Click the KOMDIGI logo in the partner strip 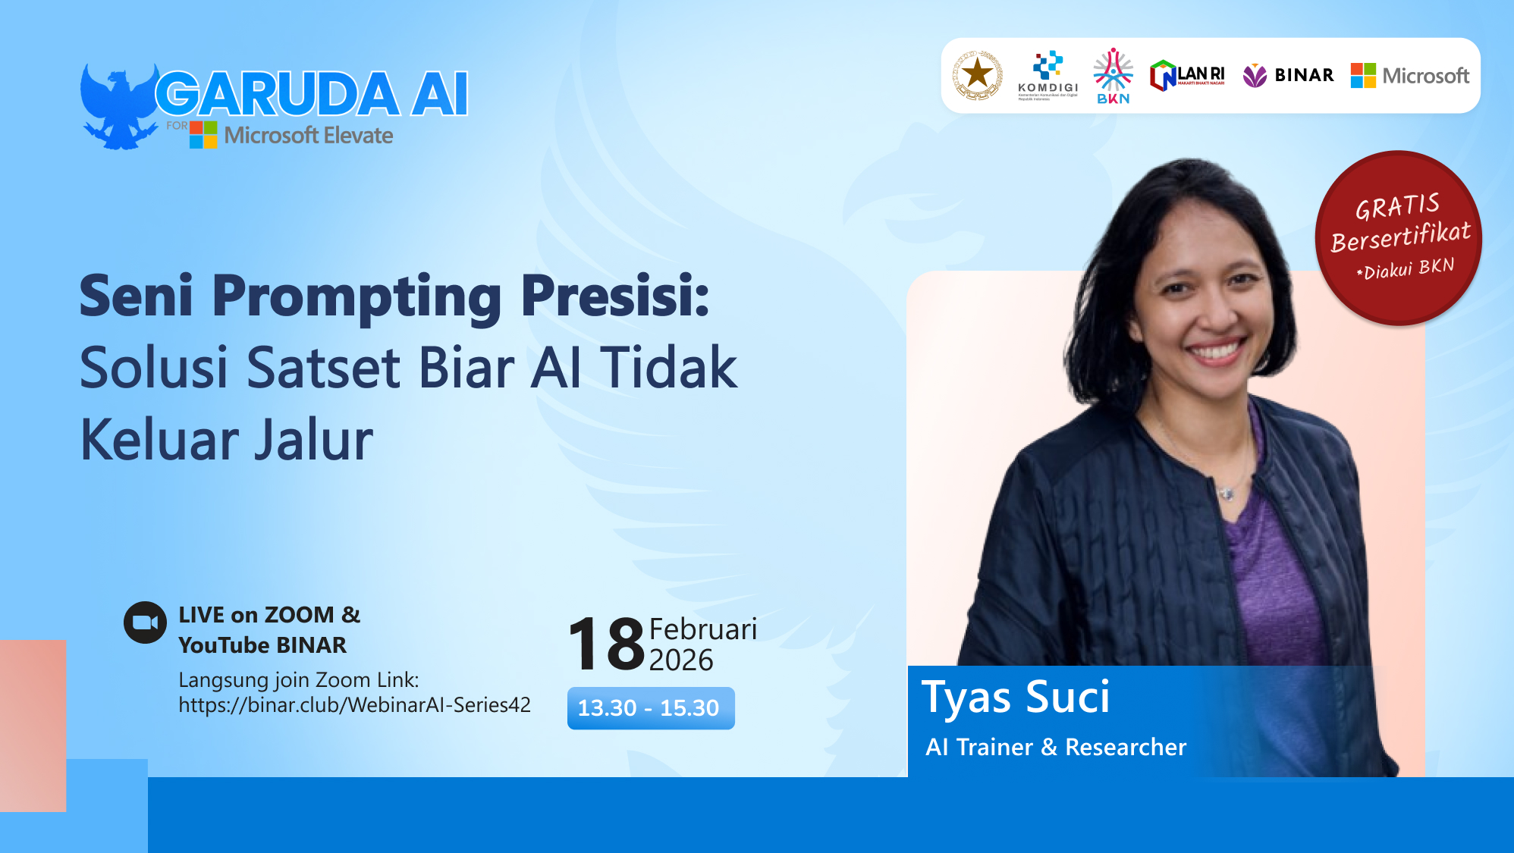click(1048, 75)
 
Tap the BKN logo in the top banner click(1113, 76)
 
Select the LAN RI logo click(1187, 76)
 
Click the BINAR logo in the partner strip click(1288, 75)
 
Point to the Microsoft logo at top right click(1409, 76)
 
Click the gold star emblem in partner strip click(978, 75)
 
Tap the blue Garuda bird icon click(118, 107)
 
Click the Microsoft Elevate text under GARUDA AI click(308, 136)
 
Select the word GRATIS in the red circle click(1396, 206)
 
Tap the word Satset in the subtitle click(324, 368)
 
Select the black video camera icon click(145, 623)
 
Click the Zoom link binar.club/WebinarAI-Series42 click(354, 705)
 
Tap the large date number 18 click(607, 644)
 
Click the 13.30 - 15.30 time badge click(650, 708)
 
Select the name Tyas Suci click(1015, 697)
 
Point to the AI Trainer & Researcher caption click(1055, 747)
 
